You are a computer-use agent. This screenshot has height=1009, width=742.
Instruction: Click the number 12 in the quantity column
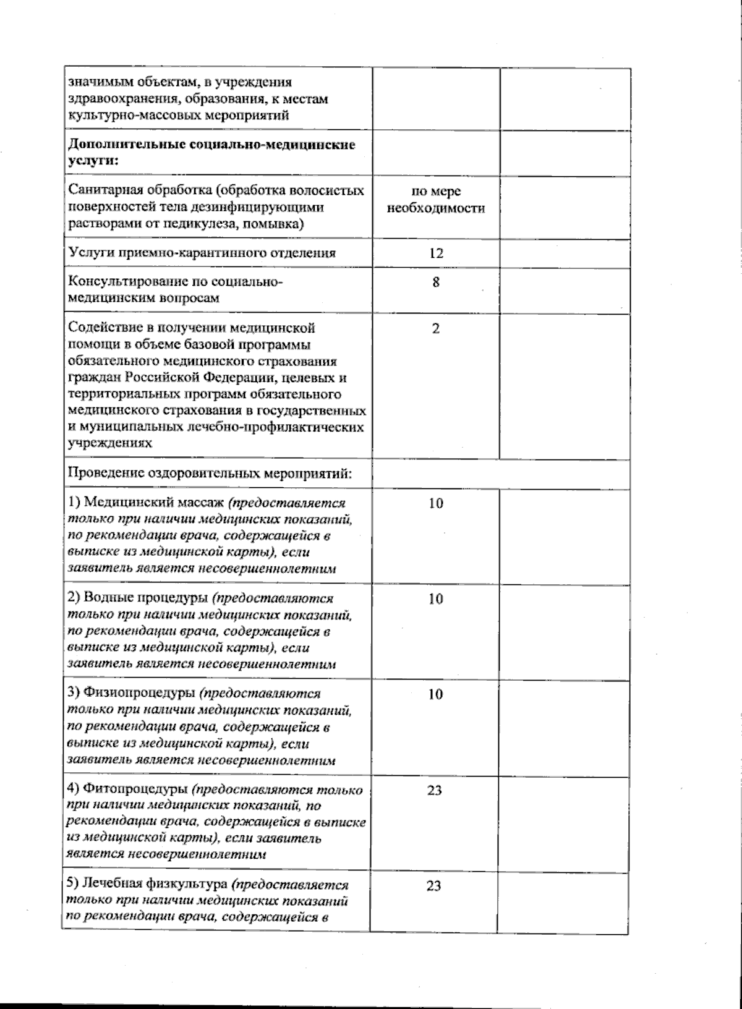(x=435, y=253)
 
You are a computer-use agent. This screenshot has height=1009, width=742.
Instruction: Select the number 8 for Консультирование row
(x=436, y=283)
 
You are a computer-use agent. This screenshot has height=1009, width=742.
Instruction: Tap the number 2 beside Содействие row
(x=436, y=329)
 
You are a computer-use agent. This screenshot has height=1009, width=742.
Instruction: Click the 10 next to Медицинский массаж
(x=435, y=503)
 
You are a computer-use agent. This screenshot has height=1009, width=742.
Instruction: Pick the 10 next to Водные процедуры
(x=435, y=599)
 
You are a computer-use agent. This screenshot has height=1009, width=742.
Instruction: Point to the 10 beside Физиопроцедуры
(x=435, y=695)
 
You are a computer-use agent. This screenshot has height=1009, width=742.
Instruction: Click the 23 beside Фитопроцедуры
(x=434, y=790)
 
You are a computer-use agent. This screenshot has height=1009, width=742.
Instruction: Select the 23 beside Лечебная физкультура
(x=434, y=886)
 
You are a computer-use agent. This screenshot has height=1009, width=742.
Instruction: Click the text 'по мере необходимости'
(x=436, y=200)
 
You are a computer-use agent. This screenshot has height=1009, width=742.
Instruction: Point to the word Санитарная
(x=101, y=191)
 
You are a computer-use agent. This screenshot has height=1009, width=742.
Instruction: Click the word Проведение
(x=104, y=474)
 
